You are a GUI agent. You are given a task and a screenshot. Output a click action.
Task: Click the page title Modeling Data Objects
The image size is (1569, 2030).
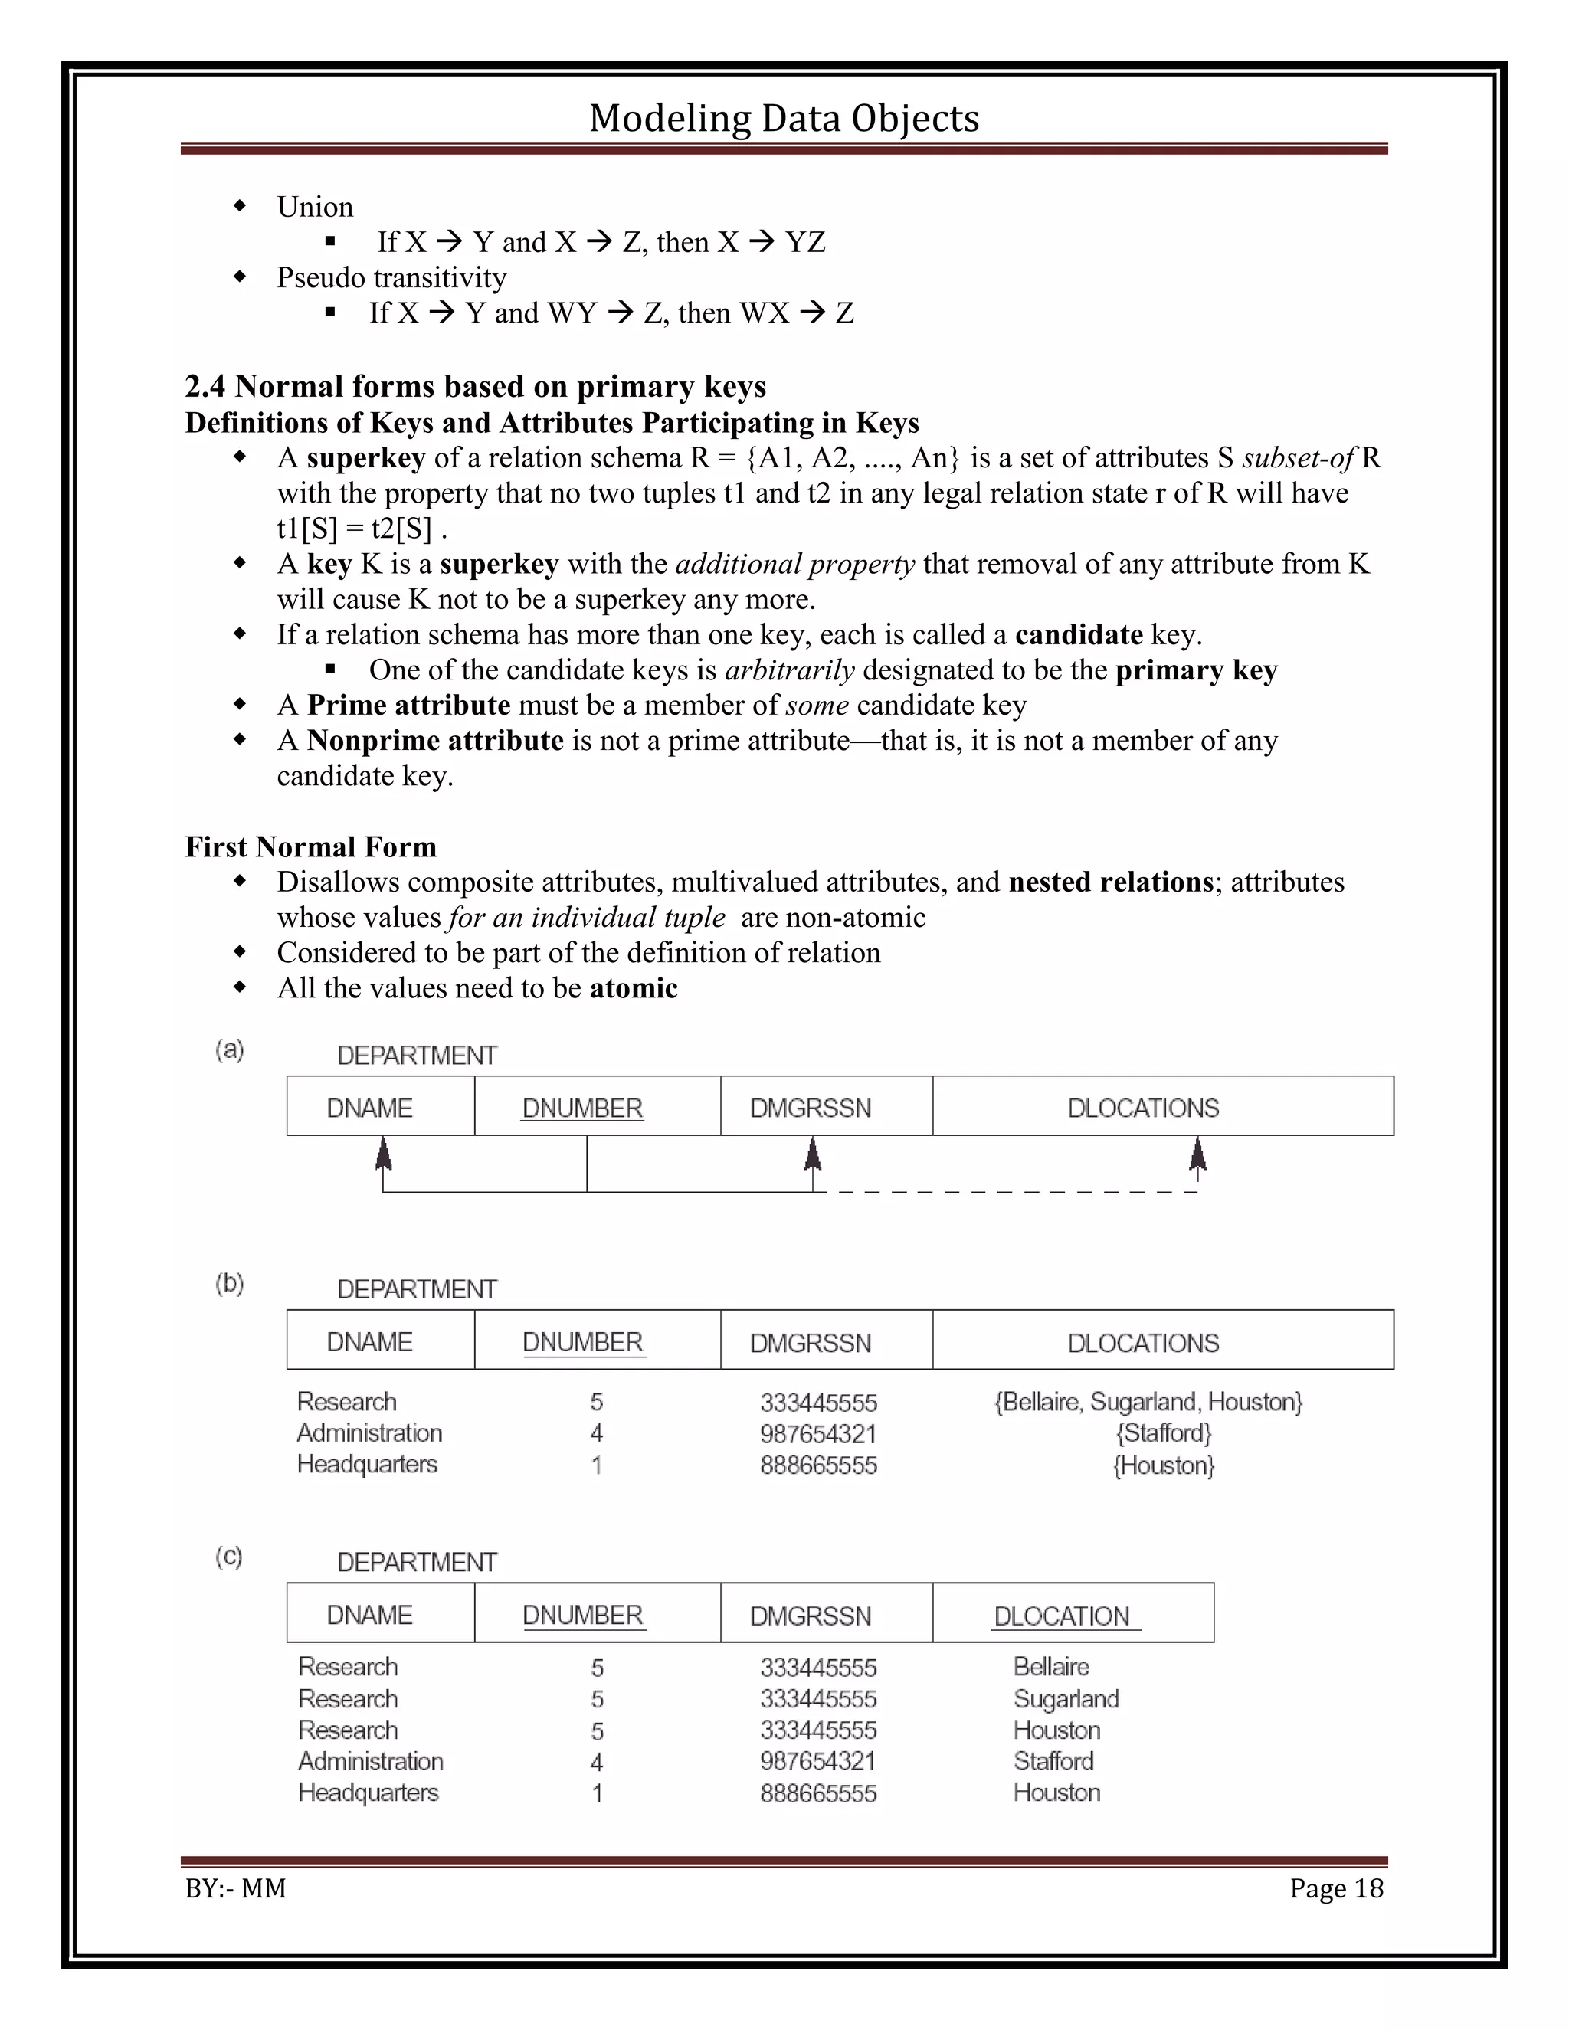coord(784,119)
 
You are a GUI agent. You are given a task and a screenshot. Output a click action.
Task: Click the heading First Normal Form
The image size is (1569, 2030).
coord(310,846)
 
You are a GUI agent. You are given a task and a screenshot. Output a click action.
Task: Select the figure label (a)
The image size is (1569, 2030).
coord(230,1050)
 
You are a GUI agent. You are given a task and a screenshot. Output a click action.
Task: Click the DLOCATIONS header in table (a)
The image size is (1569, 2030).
coord(1142,1108)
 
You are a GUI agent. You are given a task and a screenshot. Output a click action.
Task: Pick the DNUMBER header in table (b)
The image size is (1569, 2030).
coord(582,1342)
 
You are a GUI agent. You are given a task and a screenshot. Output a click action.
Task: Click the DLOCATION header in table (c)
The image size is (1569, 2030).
coord(1062,1616)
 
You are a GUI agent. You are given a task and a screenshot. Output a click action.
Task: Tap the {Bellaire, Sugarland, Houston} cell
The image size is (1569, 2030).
coord(1148,1402)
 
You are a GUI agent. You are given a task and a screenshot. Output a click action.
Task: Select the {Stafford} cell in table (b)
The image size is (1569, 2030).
coord(1164,1433)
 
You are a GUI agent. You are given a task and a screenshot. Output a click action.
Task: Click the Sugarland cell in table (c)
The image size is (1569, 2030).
coord(1066,1699)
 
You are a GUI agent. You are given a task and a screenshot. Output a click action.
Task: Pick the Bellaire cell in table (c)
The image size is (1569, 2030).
coord(1051,1667)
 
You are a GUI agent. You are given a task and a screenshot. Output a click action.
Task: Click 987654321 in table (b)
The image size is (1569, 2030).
coord(818,1434)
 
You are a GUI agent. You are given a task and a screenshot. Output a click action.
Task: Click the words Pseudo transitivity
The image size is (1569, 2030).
coord(391,277)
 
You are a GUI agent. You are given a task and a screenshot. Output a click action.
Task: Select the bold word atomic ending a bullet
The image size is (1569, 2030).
coord(633,988)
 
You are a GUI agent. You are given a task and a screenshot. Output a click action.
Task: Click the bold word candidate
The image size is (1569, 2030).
coord(1078,635)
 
